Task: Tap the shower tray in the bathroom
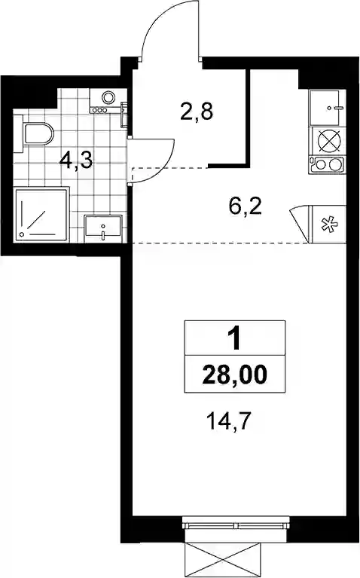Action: click(x=41, y=215)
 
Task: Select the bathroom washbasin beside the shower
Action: click(x=102, y=229)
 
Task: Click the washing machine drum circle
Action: click(x=108, y=98)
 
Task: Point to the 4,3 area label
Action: click(x=77, y=161)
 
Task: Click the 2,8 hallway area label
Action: click(x=197, y=112)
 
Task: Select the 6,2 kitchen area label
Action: click(x=245, y=206)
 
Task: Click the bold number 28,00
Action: click(x=234, y=375)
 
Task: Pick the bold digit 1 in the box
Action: click(x=233, y=339)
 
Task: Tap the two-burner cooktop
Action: click(x=328, y=164)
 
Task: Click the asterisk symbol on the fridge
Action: click(x=327, y=225)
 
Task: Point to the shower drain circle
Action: click(x=23, y=234)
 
